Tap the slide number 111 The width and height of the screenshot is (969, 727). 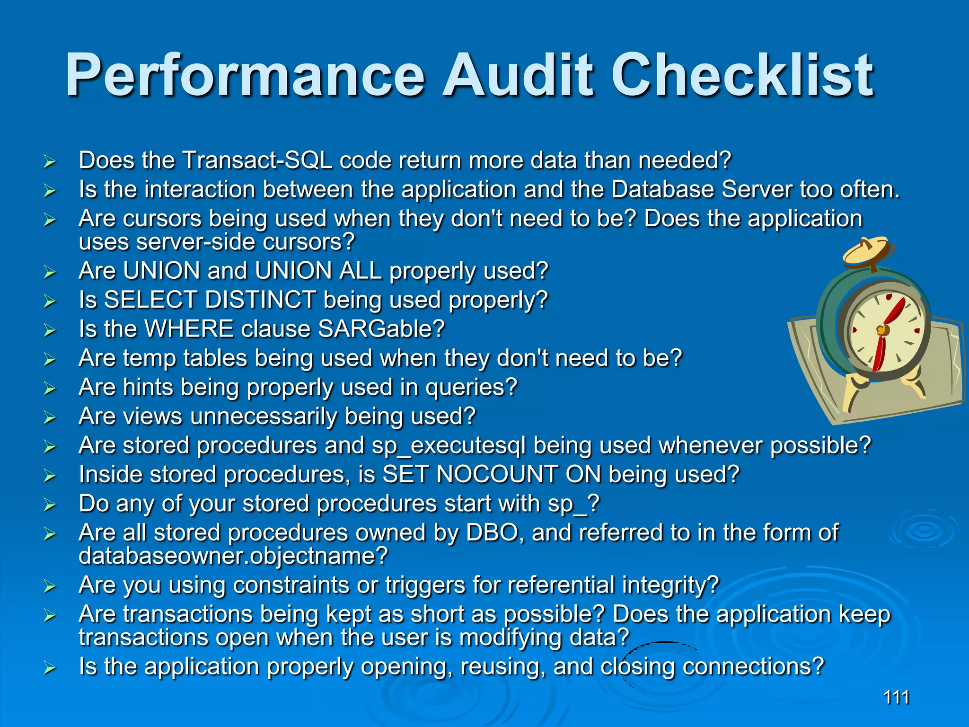tap(896, 697)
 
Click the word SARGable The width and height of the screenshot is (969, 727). tap(381, 328)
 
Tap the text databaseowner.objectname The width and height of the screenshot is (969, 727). tap(233, 556)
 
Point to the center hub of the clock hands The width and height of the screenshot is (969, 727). tap(881, 330)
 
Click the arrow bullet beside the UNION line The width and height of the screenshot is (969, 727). tap(50, 272)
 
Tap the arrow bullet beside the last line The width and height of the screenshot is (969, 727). tap(50, 668)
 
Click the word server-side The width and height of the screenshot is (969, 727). tap(196, 242)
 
